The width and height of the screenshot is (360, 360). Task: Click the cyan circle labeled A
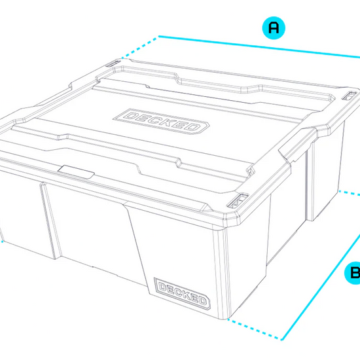(x=274, y=27)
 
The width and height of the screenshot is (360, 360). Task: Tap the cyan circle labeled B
(x=353, y=273)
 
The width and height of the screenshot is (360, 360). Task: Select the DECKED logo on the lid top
(x=161, y=121)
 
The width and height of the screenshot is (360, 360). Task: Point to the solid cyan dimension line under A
(x=259, y=46)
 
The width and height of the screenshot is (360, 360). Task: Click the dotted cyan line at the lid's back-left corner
(x=140, y=48)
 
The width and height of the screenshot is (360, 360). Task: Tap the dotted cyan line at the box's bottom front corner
(x=255, y=329)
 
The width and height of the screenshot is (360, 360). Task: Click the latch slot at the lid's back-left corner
(x=114, y=63)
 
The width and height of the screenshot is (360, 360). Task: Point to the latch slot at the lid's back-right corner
(x=350, y=96)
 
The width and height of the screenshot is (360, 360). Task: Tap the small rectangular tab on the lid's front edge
(x=76, y=171)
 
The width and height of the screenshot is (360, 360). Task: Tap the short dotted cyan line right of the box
(x=350, y=193)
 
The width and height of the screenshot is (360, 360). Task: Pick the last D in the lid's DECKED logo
(x=194, y=128)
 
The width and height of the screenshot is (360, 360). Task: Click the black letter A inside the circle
(x=274, y=27)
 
